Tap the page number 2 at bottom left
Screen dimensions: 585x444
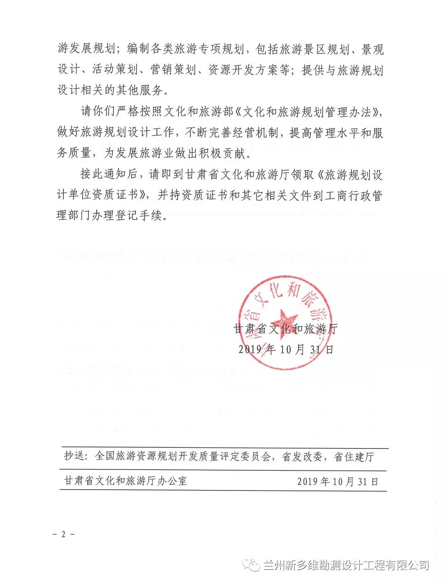(x=63, y=535)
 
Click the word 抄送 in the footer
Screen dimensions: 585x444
(x=74, y=457)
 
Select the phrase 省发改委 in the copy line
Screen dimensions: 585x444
(x=302, y=457)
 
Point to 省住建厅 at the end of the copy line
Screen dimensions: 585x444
(x=354, y=457)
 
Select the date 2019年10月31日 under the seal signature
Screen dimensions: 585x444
(x=286, y=349)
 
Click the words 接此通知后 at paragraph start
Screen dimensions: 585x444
(x=107, y=174)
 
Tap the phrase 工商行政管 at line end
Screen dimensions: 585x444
(x=354, y=195)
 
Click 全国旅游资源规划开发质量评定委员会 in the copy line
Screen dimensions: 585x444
(x=183, y=457)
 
